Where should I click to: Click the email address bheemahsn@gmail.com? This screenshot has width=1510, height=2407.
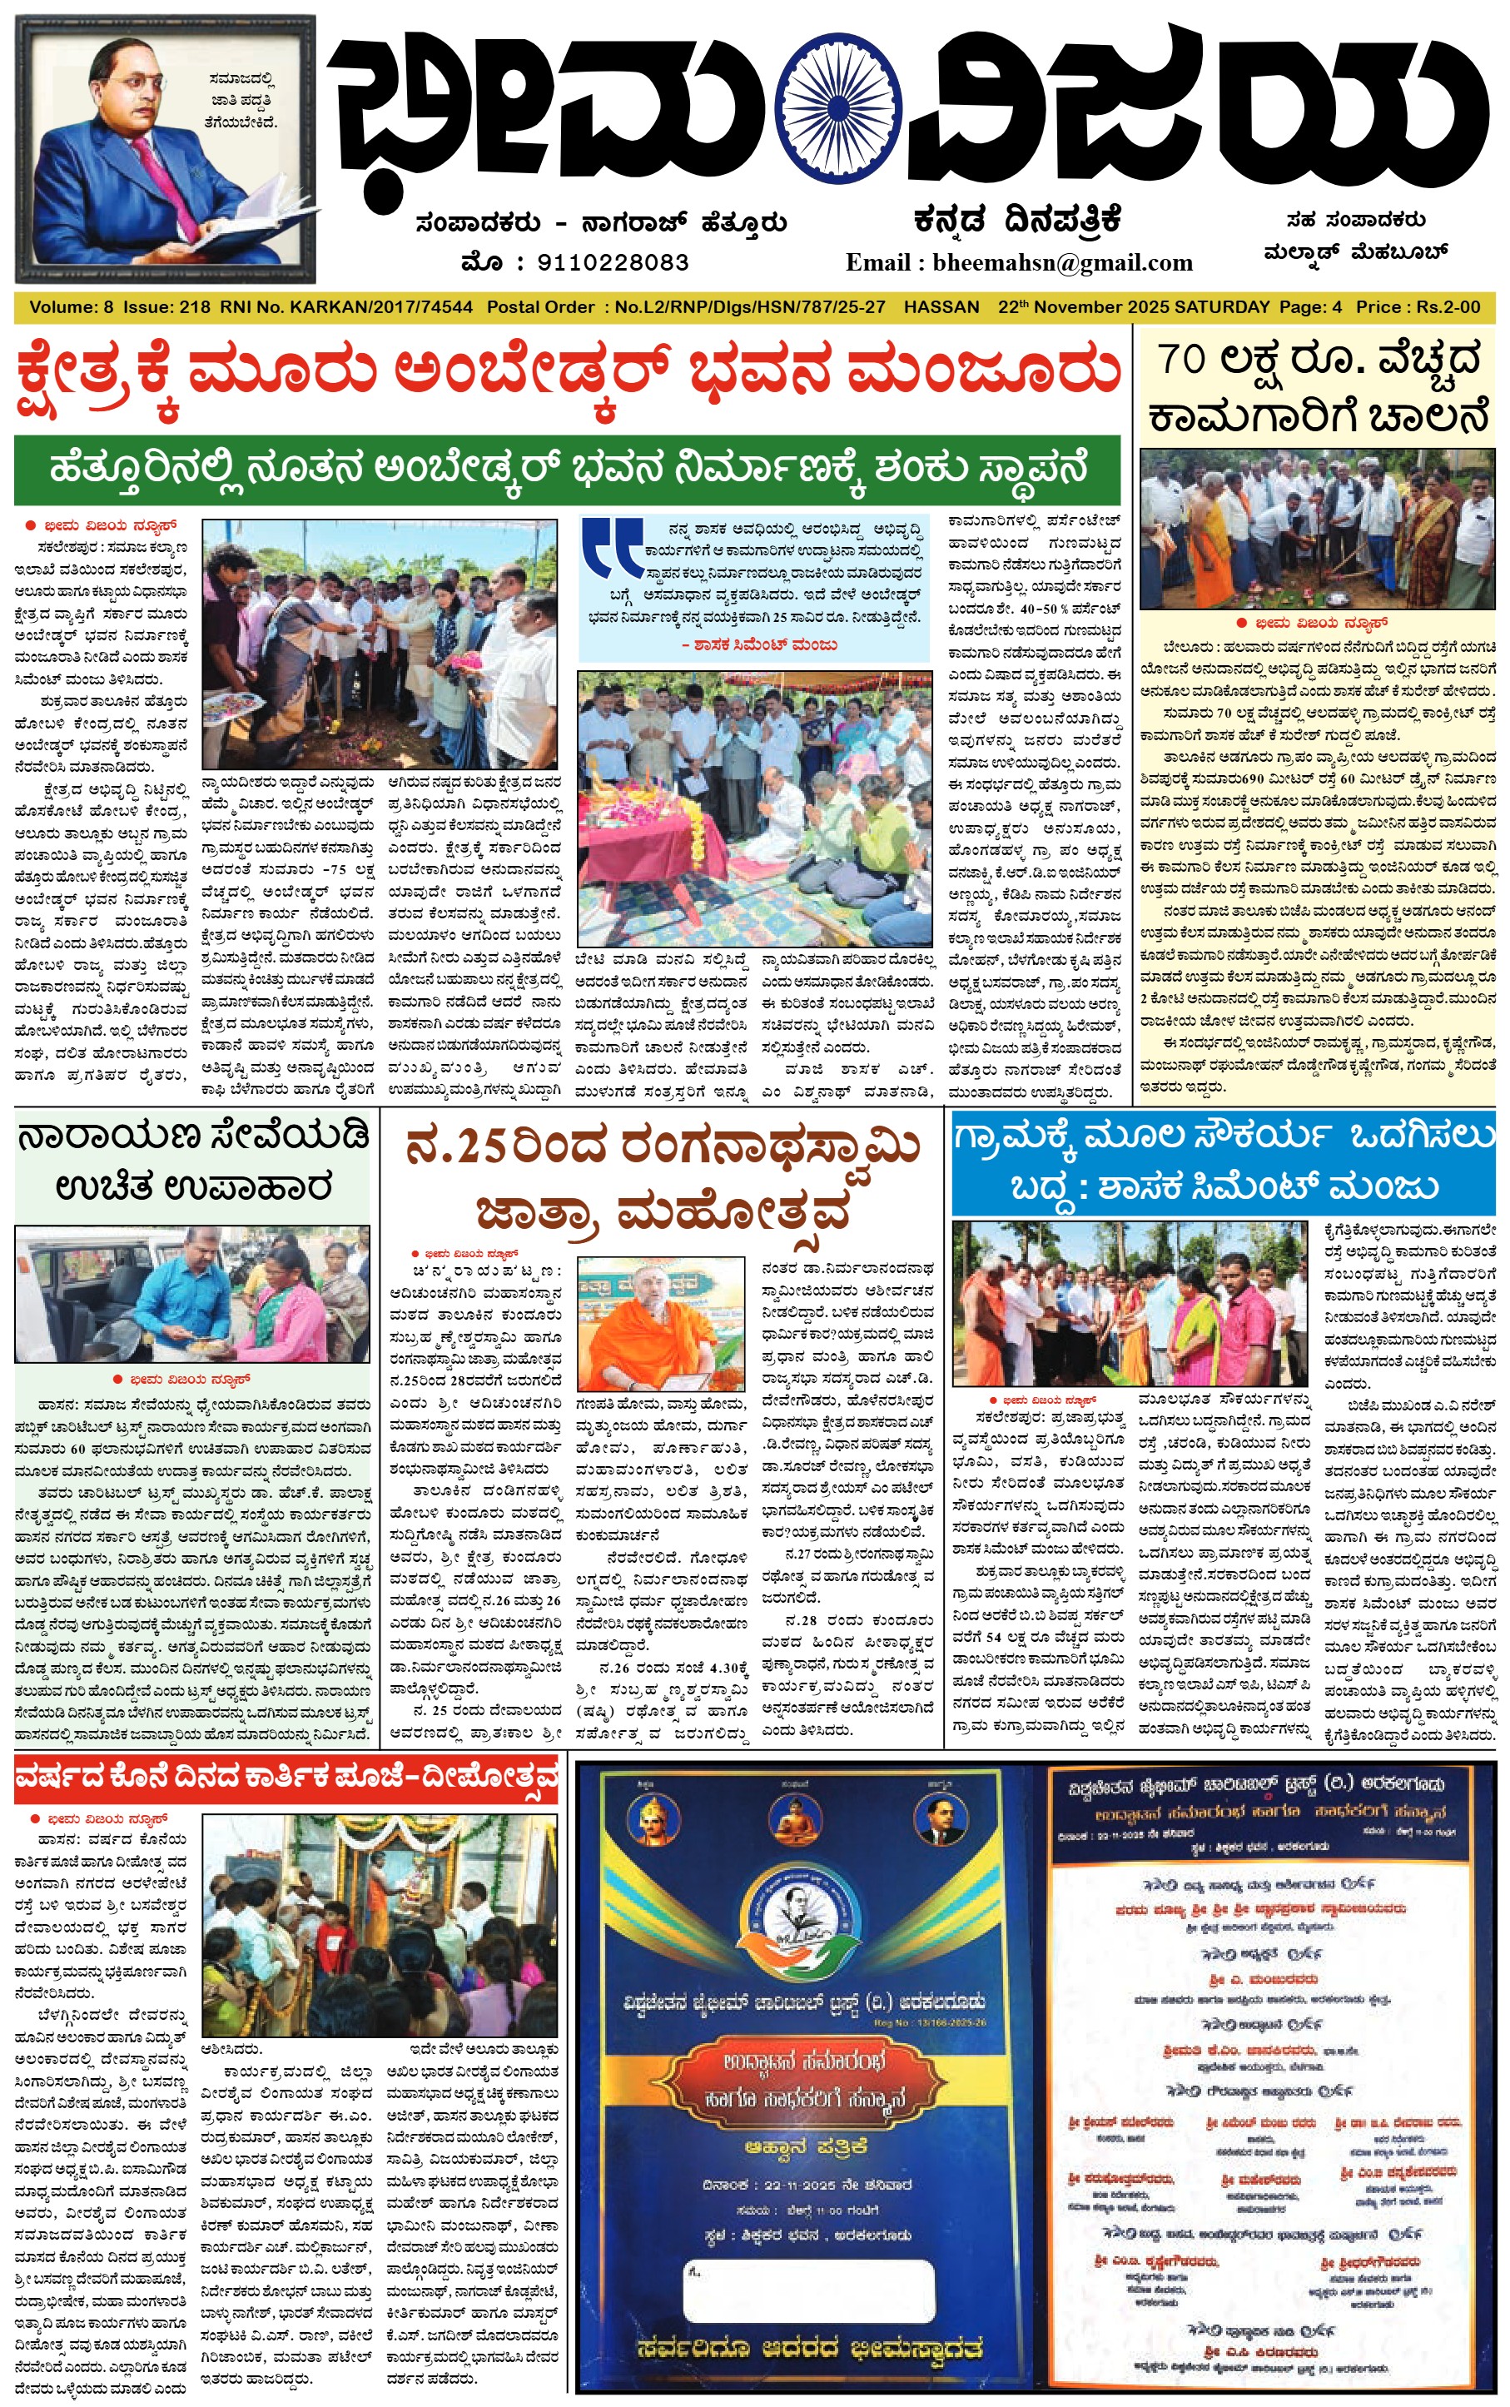click(x=1063, y=262)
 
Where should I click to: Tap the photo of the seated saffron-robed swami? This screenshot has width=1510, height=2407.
click(x=660, y=1323)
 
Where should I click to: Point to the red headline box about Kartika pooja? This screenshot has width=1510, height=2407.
click(x=286, y=1777)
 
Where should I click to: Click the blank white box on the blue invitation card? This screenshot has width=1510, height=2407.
click(x=808, y=2281)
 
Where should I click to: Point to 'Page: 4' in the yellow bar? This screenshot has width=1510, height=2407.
click(x=1310, y=307)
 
